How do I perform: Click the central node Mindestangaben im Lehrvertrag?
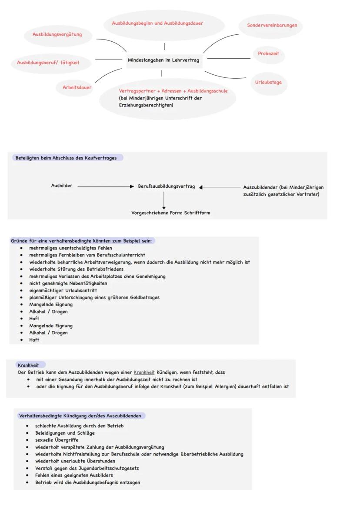click(x=163, y=60)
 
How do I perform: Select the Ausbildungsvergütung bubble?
click(x=57, y=34)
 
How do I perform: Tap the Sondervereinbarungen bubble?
click(x=272, y=25)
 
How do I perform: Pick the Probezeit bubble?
click(x=268, y=53)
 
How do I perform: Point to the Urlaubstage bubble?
click(x=268, y=82)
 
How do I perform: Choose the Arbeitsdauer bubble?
click(x=74, y=87)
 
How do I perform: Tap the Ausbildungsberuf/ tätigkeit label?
click(x=48, y=63)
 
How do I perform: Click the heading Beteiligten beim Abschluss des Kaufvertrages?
click(x=66, y=158)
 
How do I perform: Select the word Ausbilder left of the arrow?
click(x=62, y=186)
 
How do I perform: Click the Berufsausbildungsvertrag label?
click(x=167, y=186)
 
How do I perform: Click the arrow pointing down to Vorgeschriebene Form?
click(x=164, y=200)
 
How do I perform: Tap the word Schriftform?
click(x=197, y=213)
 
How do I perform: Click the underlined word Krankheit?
click(x=144, y=373)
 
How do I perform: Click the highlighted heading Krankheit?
click(x=28, y=365)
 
